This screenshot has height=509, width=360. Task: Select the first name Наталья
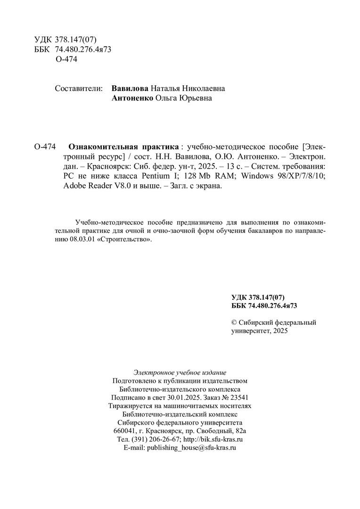click(166, 88)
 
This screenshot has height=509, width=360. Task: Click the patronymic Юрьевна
click(195, 99)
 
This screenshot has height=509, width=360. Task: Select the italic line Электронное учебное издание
click(180, 372)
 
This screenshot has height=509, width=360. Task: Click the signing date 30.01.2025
click(176, 397)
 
